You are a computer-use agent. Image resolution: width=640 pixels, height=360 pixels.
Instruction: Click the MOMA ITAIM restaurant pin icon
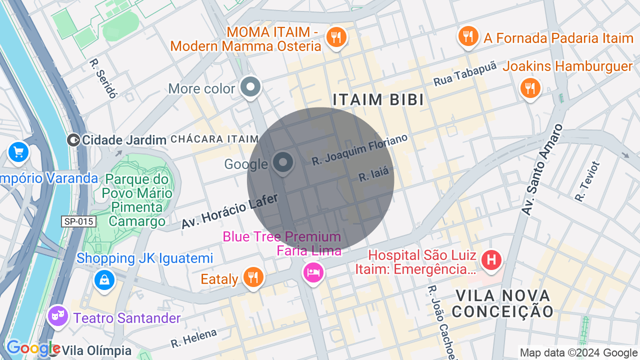(336, 37)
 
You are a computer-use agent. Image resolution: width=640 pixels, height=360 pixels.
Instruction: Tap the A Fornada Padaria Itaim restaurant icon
(468, 36)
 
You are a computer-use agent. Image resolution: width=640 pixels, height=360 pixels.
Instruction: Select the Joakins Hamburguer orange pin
(530, 88)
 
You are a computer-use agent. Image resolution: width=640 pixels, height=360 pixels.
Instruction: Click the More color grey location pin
(250, 87)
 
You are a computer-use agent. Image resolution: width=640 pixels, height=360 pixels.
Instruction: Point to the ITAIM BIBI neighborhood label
(378, 99)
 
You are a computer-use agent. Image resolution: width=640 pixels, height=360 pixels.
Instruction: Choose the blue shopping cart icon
(18, 152)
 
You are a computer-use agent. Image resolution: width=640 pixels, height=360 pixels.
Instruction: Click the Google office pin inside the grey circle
(283, 163)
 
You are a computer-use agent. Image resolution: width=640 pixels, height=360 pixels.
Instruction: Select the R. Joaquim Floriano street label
(360, 149)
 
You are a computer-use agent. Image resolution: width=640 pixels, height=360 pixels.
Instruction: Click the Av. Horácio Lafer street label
(229, 211)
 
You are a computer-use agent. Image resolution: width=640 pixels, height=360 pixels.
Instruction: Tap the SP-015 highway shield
(78, 221)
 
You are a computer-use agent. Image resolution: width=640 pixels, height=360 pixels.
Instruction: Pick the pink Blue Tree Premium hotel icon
(313, 272)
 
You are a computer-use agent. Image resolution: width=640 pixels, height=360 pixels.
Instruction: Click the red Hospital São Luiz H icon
(491, 260)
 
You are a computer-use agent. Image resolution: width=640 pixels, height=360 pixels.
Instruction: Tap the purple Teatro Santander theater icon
(58, 316)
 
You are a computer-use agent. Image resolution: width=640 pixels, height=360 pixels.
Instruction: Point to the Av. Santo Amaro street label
(541, 170)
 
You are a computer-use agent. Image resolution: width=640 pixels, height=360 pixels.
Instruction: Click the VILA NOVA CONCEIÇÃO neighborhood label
(502, 303)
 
